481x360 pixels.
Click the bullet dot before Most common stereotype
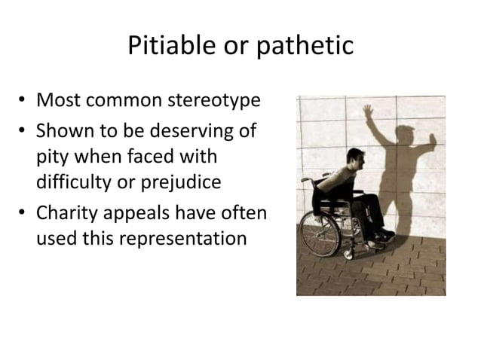click(x=25, y=100)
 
